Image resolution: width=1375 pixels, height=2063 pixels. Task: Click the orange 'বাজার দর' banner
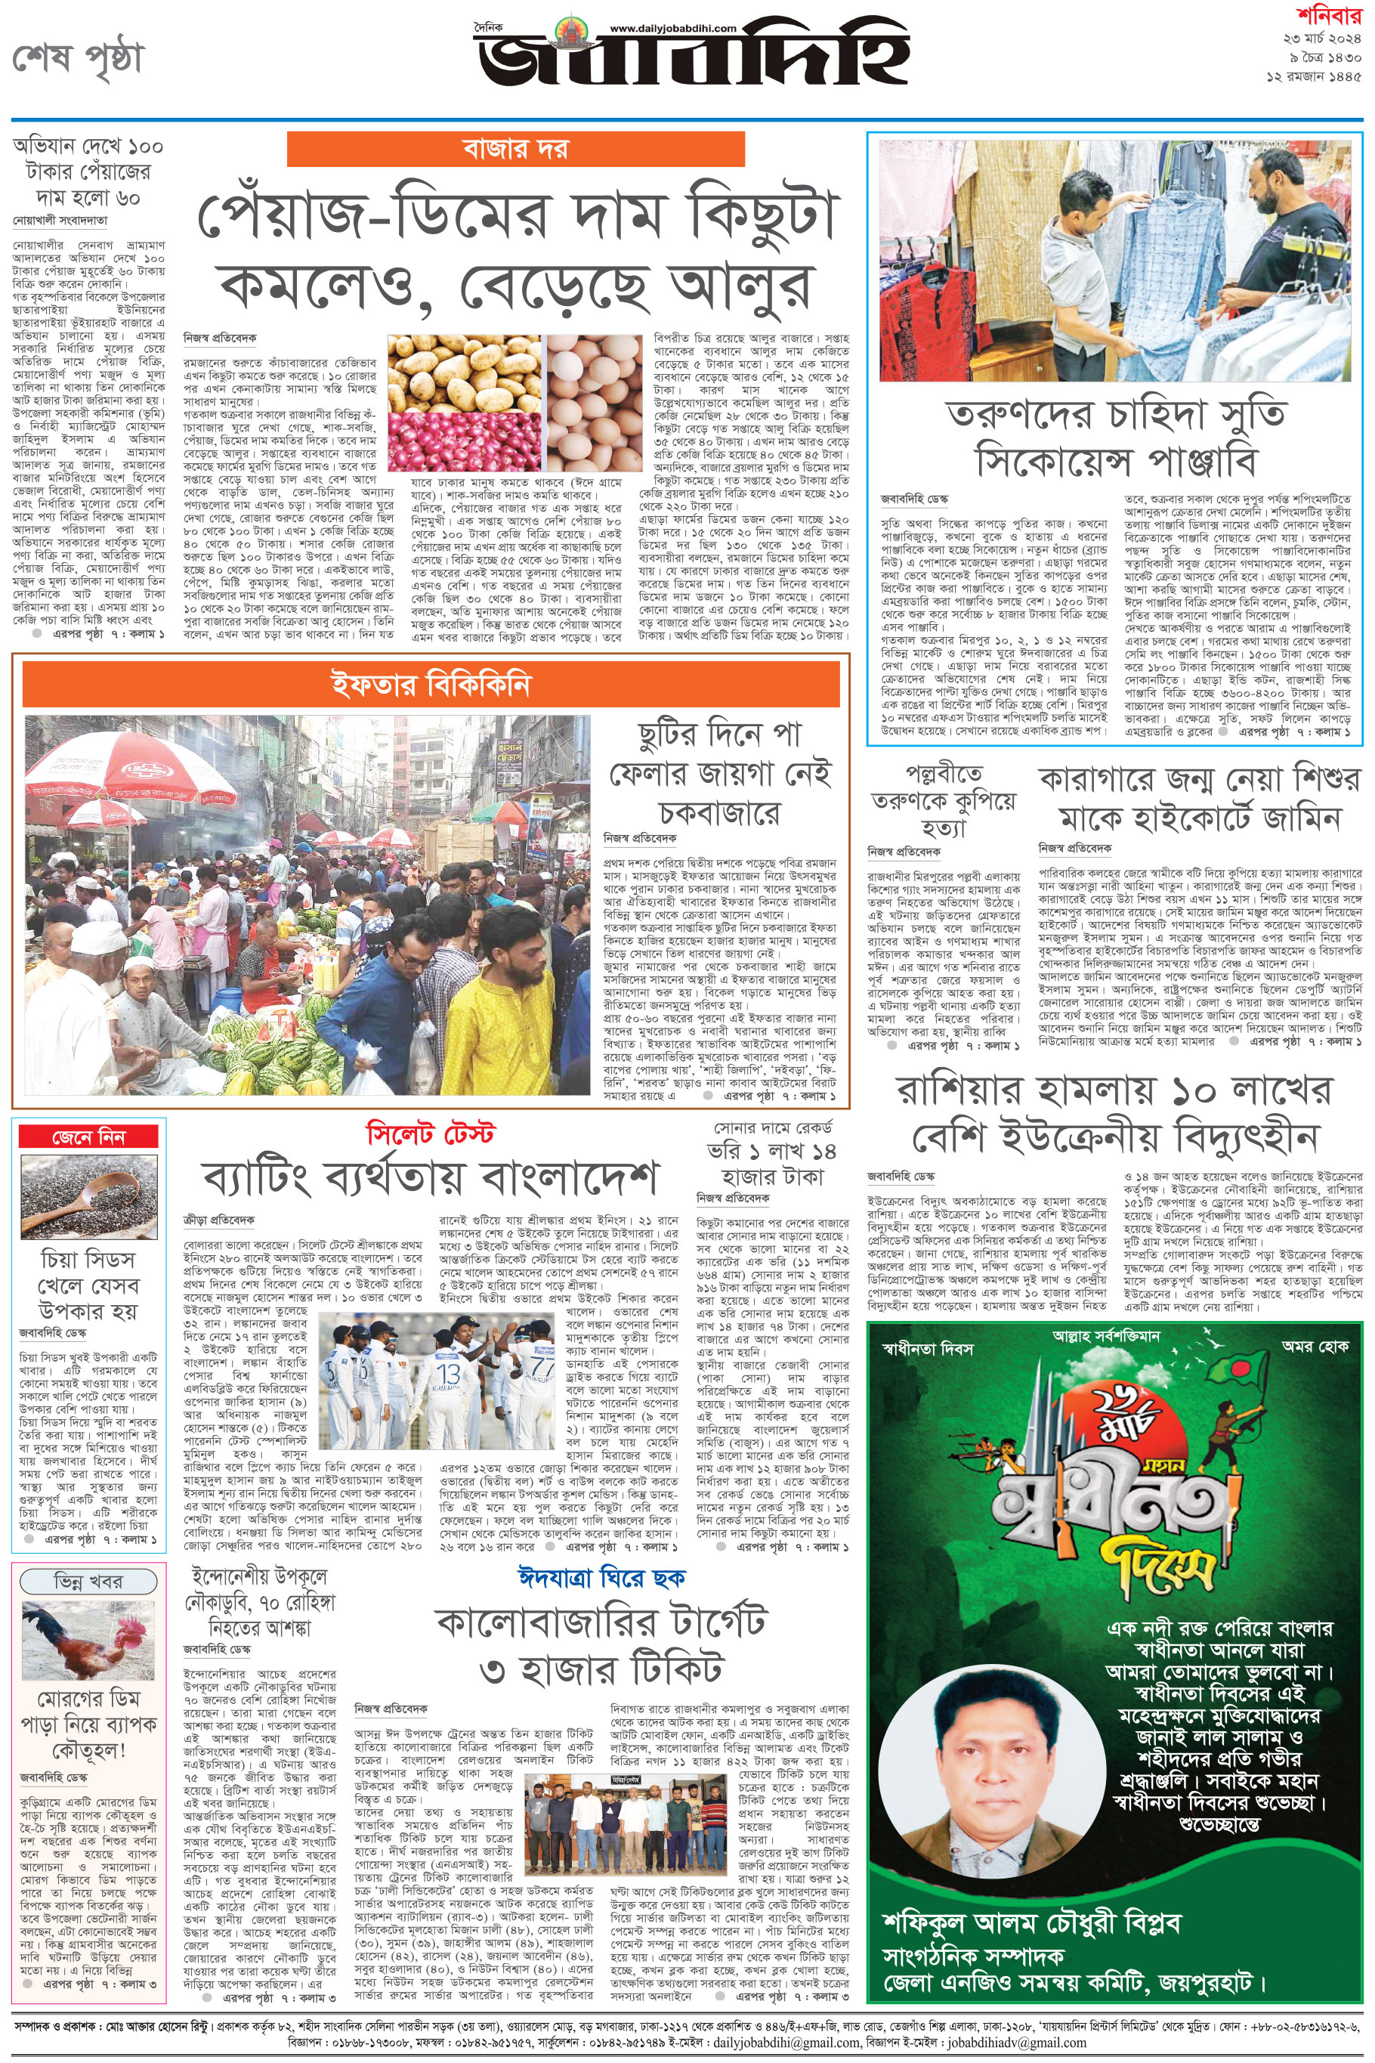click(x=514, y=148)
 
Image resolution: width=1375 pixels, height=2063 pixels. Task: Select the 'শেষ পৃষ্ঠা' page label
click(x=77, y=60)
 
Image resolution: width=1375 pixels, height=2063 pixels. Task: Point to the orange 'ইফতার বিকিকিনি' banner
click(x=430, y=684)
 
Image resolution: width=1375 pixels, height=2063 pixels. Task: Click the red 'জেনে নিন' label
click(x=88, y=1137)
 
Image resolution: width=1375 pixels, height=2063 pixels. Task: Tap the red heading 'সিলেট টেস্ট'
click(x=430, y=1134)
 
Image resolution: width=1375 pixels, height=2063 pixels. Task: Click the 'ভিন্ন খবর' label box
click(x=88, y=1581)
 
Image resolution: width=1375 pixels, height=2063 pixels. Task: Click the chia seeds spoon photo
click(x=88, y=1196)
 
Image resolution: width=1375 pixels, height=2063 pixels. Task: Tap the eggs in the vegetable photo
click(x=594, y=404)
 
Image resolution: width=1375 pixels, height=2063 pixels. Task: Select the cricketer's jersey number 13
click(x=449, y=1375)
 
